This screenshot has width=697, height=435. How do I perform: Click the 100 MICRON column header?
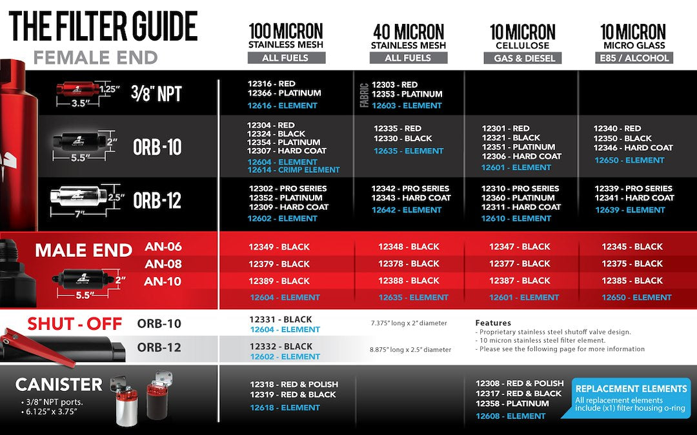click(286, 31)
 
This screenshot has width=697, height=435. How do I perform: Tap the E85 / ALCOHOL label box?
click(633, 57)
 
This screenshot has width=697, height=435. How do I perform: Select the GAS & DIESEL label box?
click(522, 57)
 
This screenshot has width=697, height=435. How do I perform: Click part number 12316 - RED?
click(271, 84)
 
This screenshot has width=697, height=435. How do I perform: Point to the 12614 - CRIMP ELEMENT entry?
click(293, 170)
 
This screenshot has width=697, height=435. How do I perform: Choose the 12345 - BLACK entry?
click(632, 247)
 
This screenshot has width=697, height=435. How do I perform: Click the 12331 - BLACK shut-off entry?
click(281, 319)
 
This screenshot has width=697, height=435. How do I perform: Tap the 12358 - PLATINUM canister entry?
click(512, 403)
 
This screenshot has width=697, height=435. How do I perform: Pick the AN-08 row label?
click(163, 264)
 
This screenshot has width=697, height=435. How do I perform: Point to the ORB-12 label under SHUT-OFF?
click(159, 347)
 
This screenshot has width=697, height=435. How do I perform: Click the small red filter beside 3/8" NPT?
click(76, 88)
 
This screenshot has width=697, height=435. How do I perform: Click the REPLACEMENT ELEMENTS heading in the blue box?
click(631, 389)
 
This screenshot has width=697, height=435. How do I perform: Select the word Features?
click(492, 323)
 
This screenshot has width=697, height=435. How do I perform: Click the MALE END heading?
click(84, 250)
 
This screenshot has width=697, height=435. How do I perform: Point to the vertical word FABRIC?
click(363, 94)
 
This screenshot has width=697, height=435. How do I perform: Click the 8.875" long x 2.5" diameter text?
click(410, 349)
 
